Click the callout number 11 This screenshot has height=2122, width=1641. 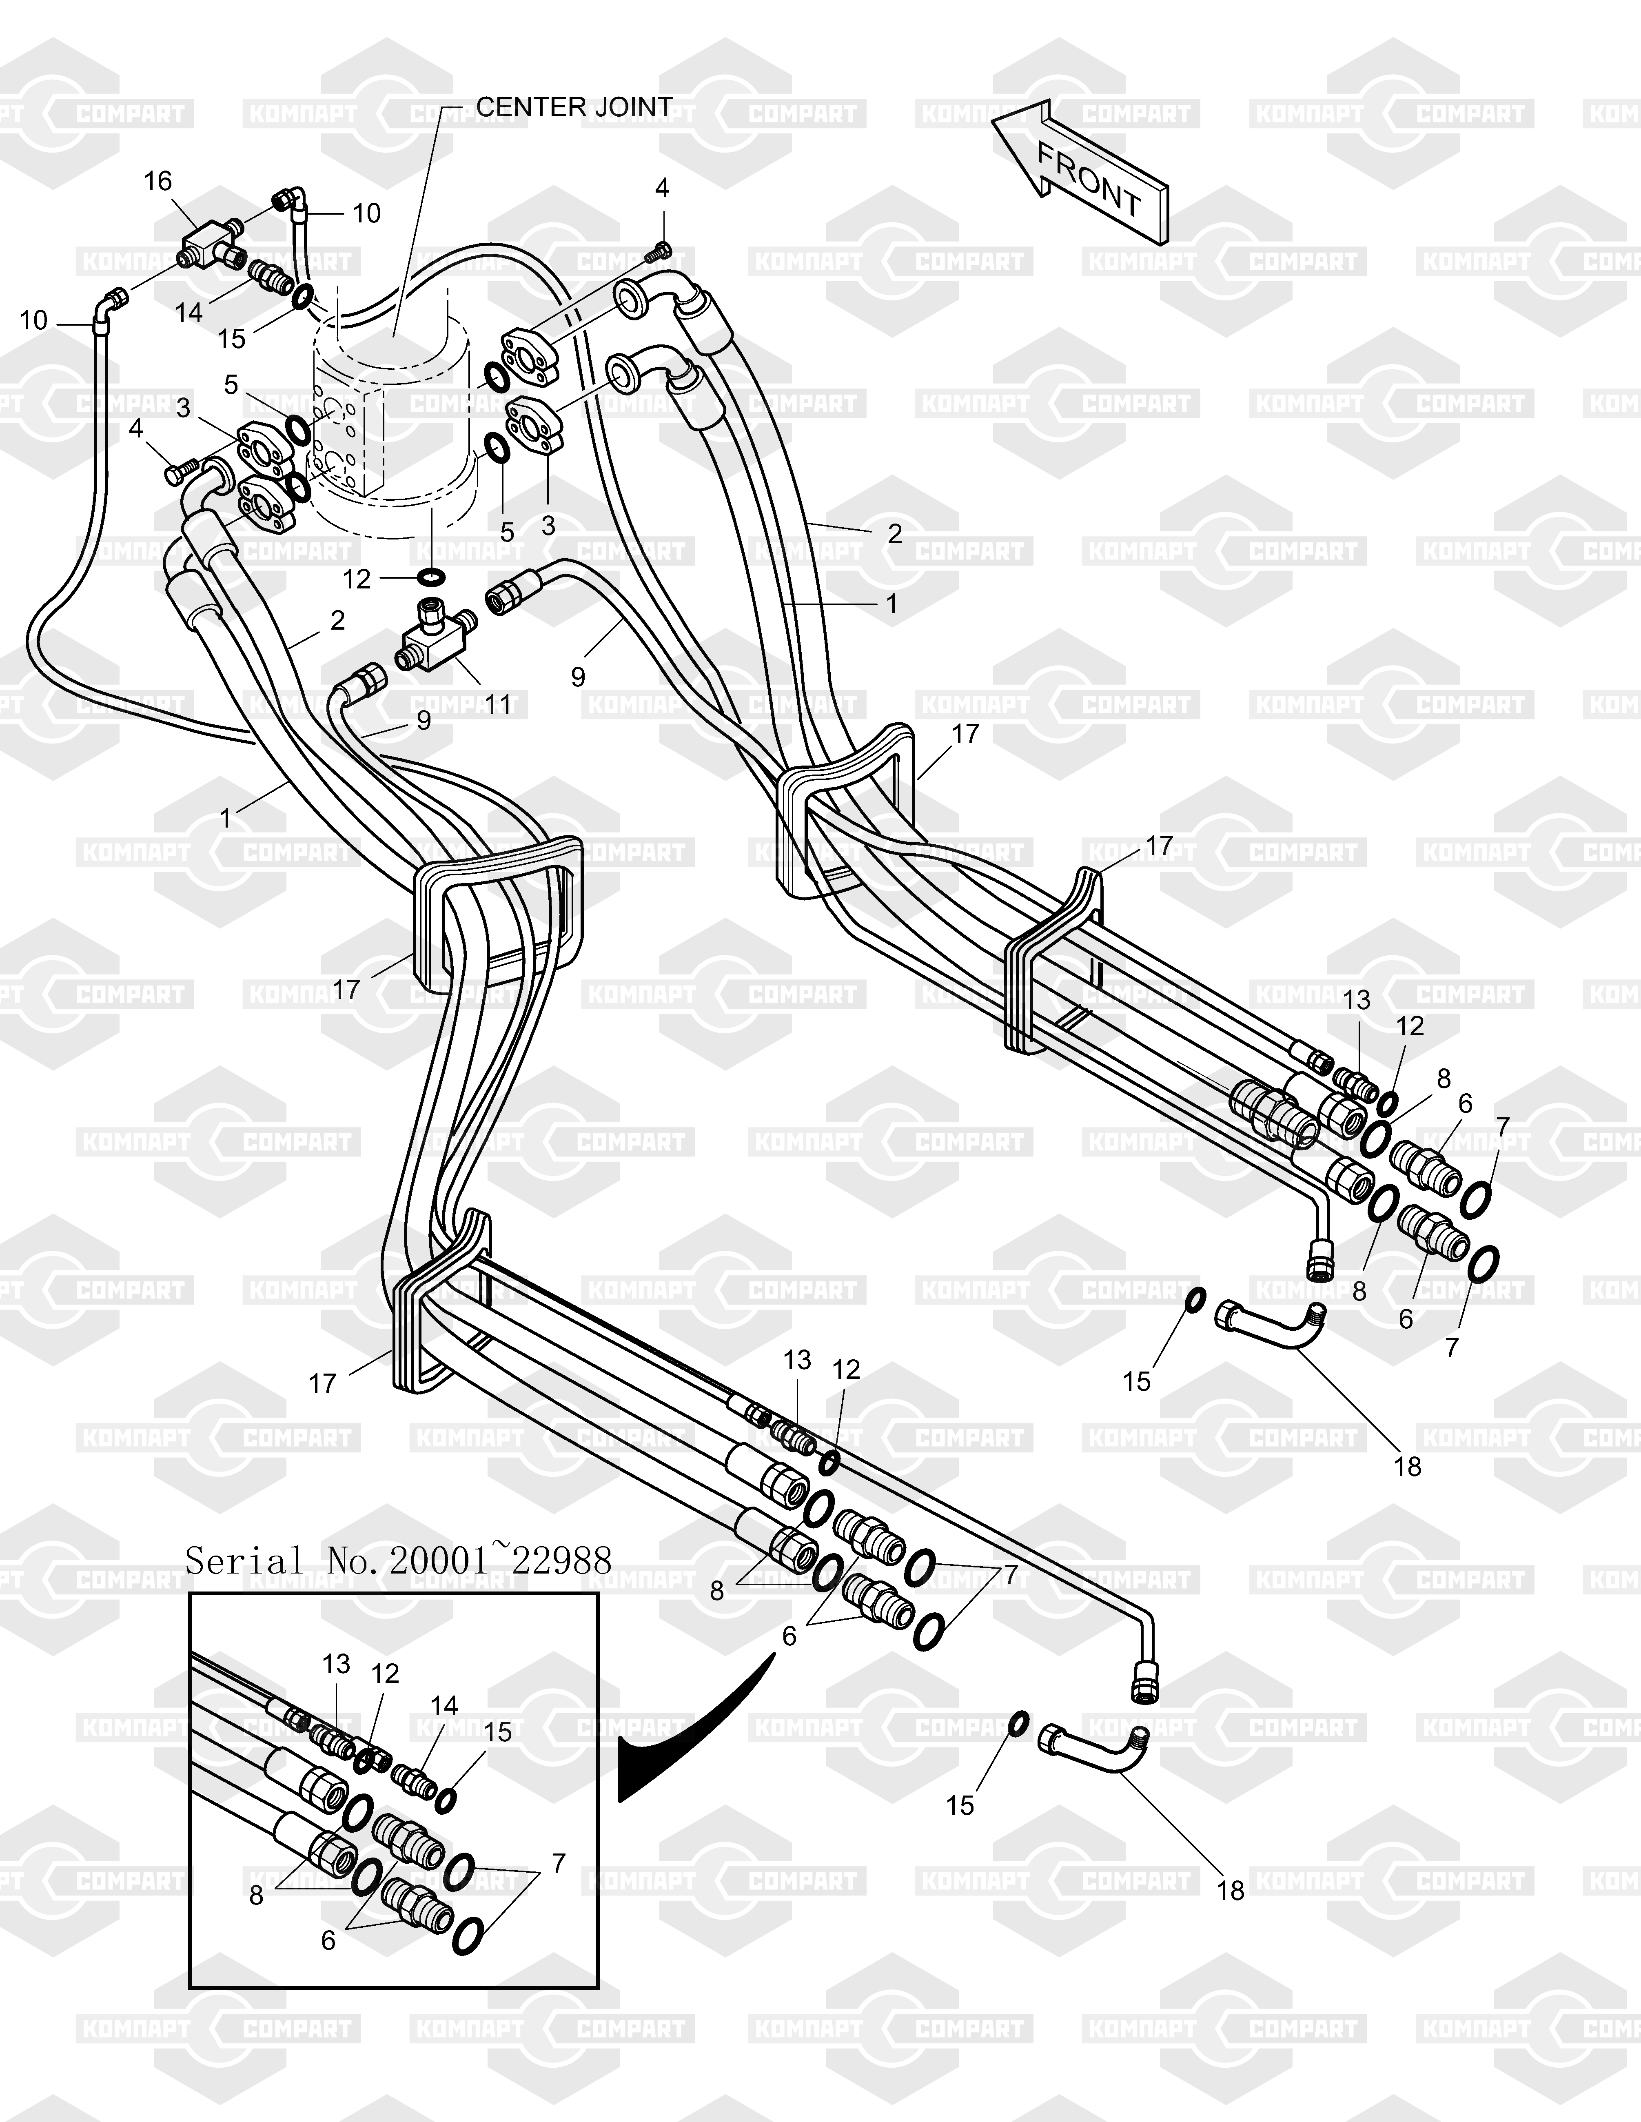[x=497, y=704]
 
